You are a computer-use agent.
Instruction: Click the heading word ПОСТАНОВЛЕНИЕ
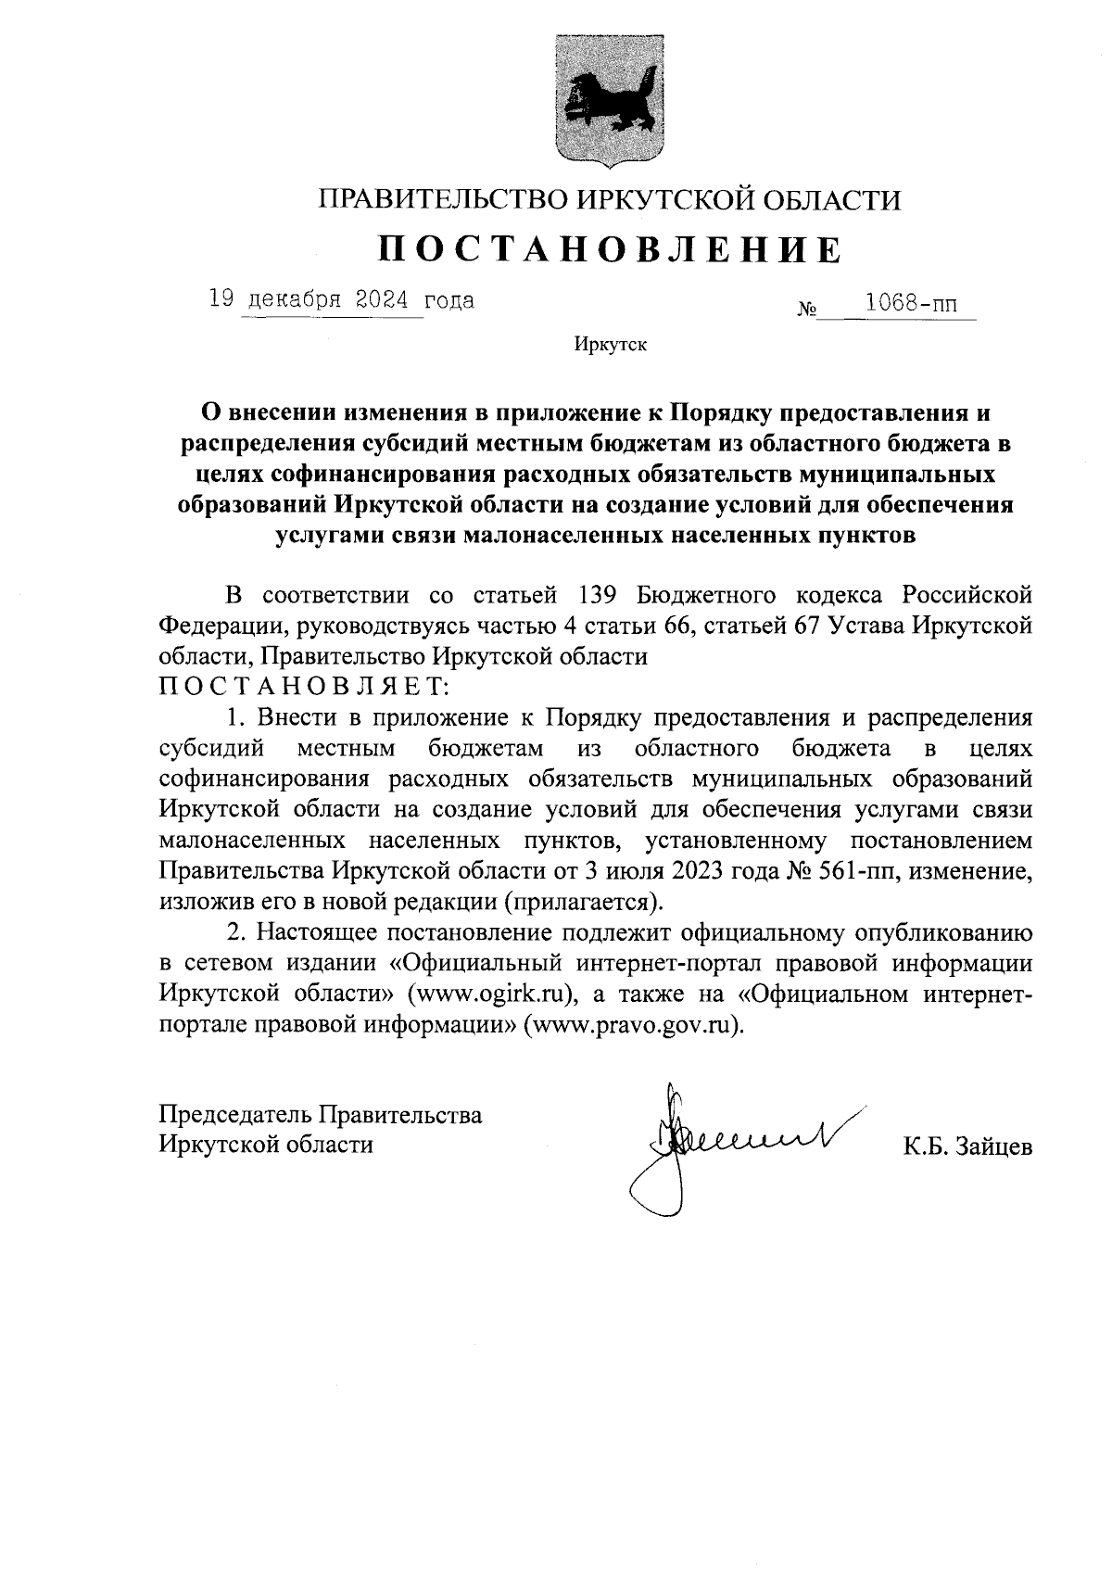pyautogui.click(x=610, y=249)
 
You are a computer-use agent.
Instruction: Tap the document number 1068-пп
pyautogui.click(x=909, y=303)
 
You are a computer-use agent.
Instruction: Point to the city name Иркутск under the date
pyautogui.click(x=610, y=346)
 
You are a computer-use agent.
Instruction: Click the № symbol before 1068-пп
pyautogui.click(x=805, y=309)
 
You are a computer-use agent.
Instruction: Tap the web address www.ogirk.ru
pyautogui.click(x=490, y=994)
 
